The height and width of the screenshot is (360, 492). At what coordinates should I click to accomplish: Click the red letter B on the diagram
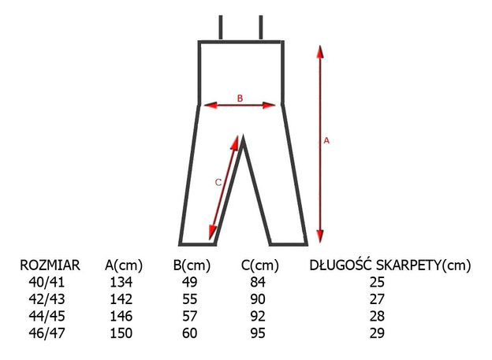240,98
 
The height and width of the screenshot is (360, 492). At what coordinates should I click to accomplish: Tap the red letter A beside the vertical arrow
326,141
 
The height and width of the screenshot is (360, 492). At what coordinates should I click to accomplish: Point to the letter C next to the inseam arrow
218,182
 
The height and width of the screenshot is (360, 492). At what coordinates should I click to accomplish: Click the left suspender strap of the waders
221,28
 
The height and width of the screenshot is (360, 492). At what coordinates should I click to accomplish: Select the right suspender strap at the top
261,28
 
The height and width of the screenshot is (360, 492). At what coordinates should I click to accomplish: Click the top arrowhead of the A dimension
320,52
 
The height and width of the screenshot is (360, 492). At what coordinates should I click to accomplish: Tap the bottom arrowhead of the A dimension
320,236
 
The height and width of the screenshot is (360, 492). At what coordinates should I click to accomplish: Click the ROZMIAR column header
50,265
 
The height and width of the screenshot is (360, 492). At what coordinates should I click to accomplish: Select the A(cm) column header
124,265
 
